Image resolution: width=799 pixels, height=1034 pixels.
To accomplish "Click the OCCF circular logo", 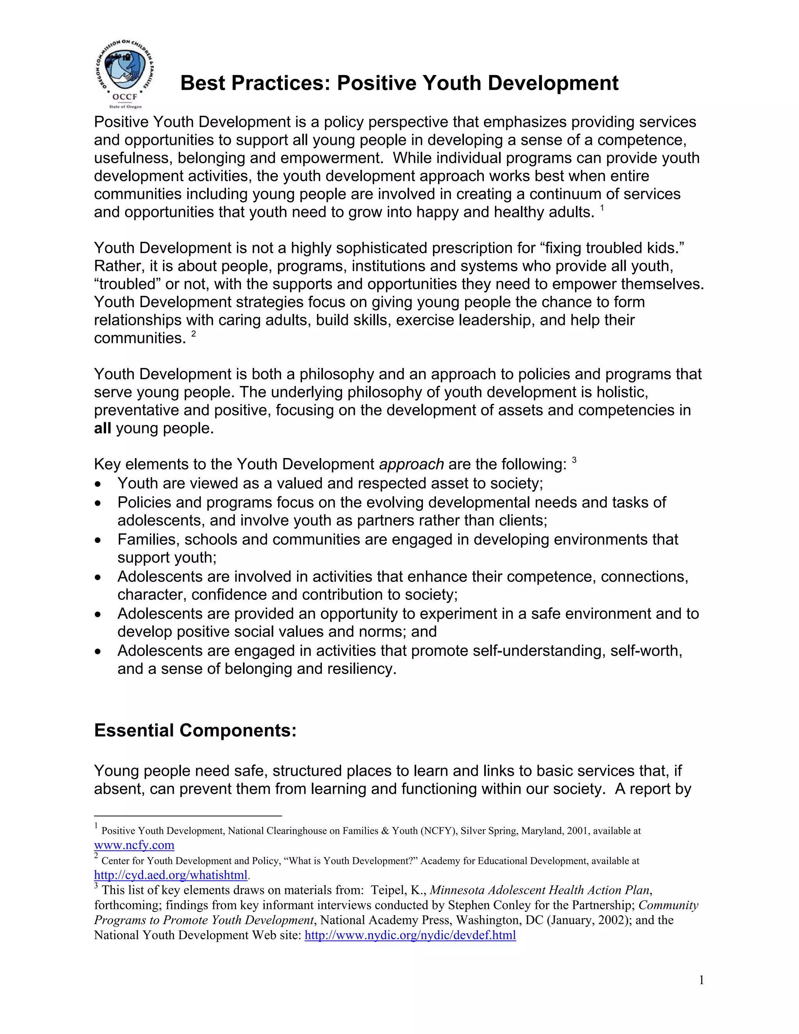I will (x=124, y=72).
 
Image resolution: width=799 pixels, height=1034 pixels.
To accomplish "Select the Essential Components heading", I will (x=195, y=730).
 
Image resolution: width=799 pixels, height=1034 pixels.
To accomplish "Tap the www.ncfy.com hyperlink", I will (x=134, y=845).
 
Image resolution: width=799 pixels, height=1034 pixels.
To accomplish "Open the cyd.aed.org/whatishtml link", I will (x=170, y=875).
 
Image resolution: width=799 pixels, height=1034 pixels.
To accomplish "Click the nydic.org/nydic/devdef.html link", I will (x=410, y=935).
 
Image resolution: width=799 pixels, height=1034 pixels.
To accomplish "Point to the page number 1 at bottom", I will (x=701, y=981).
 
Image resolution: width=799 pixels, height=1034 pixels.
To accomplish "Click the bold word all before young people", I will (x=102, y=428).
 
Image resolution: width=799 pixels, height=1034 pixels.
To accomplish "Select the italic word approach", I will (x=411, y=464).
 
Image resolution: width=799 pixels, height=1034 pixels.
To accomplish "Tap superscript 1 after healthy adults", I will (x=602, y=208).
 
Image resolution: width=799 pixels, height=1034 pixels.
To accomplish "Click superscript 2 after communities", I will (x=193, y=334).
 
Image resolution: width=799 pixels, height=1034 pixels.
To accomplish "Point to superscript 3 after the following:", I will (x=574, y=460).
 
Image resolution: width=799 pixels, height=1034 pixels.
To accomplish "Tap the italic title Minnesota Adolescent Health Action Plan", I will (x=539, y=890).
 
